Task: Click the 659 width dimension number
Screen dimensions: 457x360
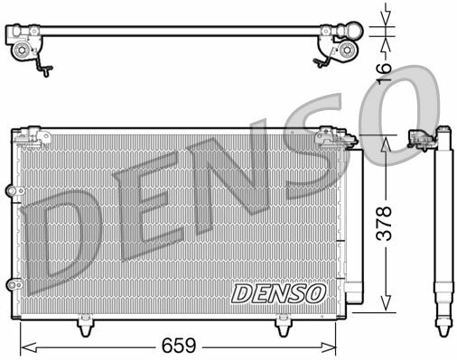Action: pos(179,346)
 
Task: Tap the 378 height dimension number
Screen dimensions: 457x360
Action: pos(384,224)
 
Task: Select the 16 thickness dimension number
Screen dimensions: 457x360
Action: pos(384,72)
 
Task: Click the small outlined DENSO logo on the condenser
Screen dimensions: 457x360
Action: pos(278,293)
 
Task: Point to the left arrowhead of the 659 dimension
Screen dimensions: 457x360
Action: pos(28,347)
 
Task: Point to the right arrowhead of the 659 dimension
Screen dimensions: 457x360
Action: pos(328,347)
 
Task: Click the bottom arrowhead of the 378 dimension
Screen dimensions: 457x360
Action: pos(386,302)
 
